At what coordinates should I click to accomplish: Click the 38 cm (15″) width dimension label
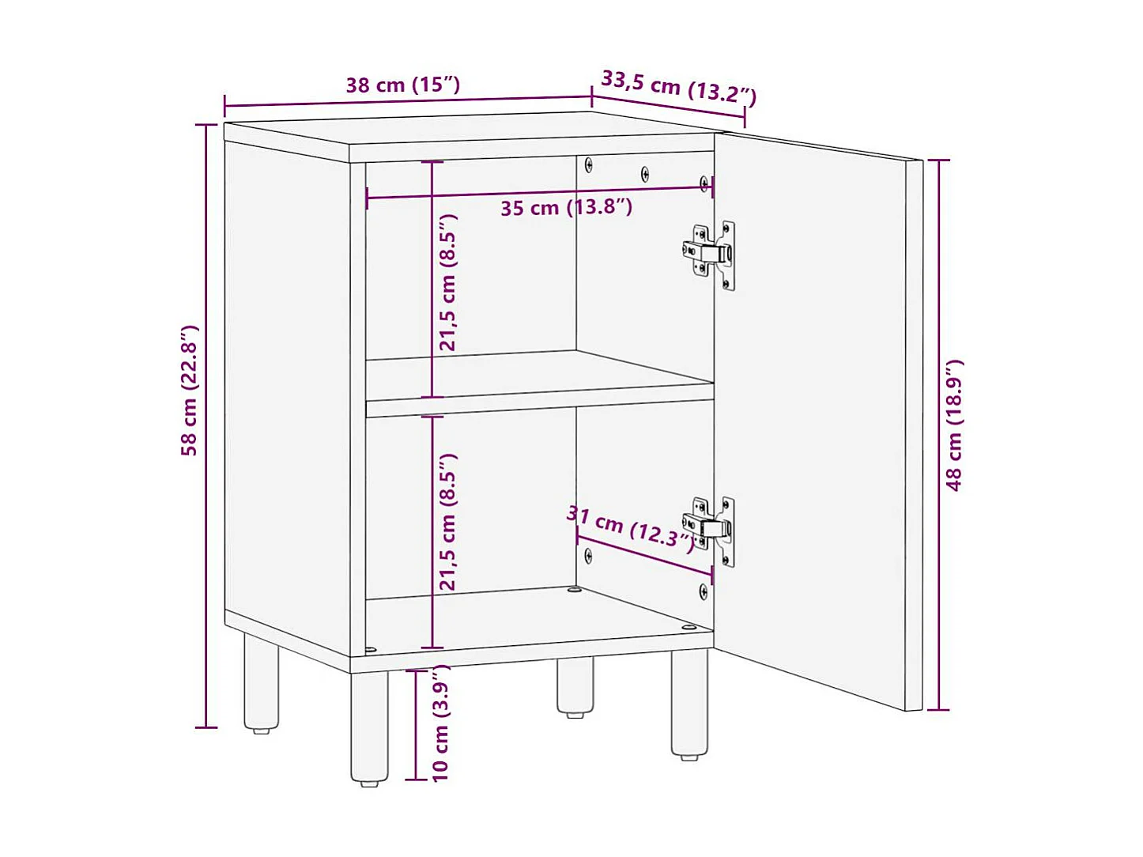[x=402, y=85]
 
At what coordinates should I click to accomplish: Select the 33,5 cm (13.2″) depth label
[x=678, y=87]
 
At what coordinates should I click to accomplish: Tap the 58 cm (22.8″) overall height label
[x=190, y=390]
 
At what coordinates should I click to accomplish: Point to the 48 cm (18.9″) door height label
[x=955, y=425]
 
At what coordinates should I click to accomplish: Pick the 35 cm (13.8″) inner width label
[x=566, y=208]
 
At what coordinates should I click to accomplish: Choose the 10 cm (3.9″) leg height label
[x=440, y=723]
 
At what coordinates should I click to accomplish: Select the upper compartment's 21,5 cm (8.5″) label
[x=448, y=282]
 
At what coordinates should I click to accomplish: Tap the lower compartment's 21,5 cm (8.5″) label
[x=448, y=522]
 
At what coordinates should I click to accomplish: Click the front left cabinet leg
[x=369, y=727]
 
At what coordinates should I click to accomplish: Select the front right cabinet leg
[x=689, y=703]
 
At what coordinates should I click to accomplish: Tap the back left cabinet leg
[x=261, y=684]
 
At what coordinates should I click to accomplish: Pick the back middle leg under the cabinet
[x=575, y=686]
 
